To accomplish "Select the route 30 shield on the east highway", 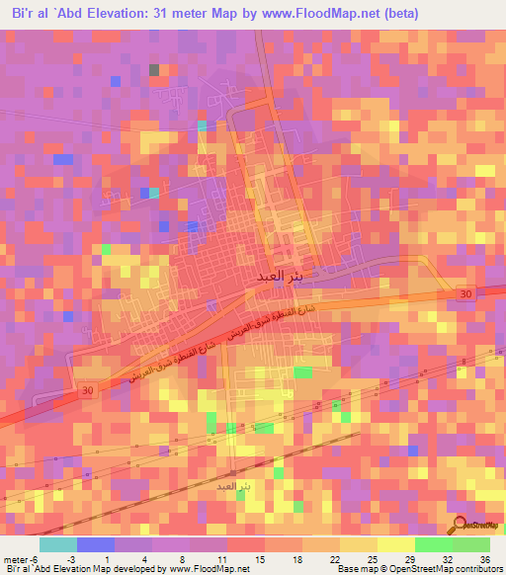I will pyautogui.click(x=465, y=294).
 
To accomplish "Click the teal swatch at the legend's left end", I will pyautogui.click(x=57, y=544).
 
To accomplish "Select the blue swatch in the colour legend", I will pyautogui.click(x=95, y=544).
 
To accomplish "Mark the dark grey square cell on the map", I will pyautogui.click(x=153, y=70).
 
